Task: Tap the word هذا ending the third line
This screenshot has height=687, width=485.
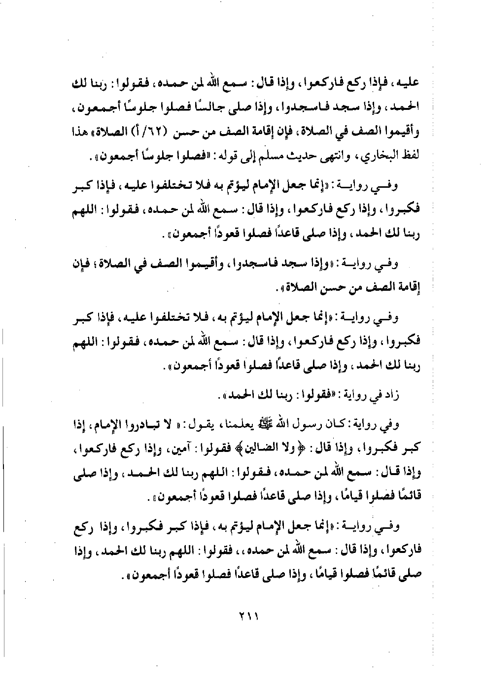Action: (x=78, y=133)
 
